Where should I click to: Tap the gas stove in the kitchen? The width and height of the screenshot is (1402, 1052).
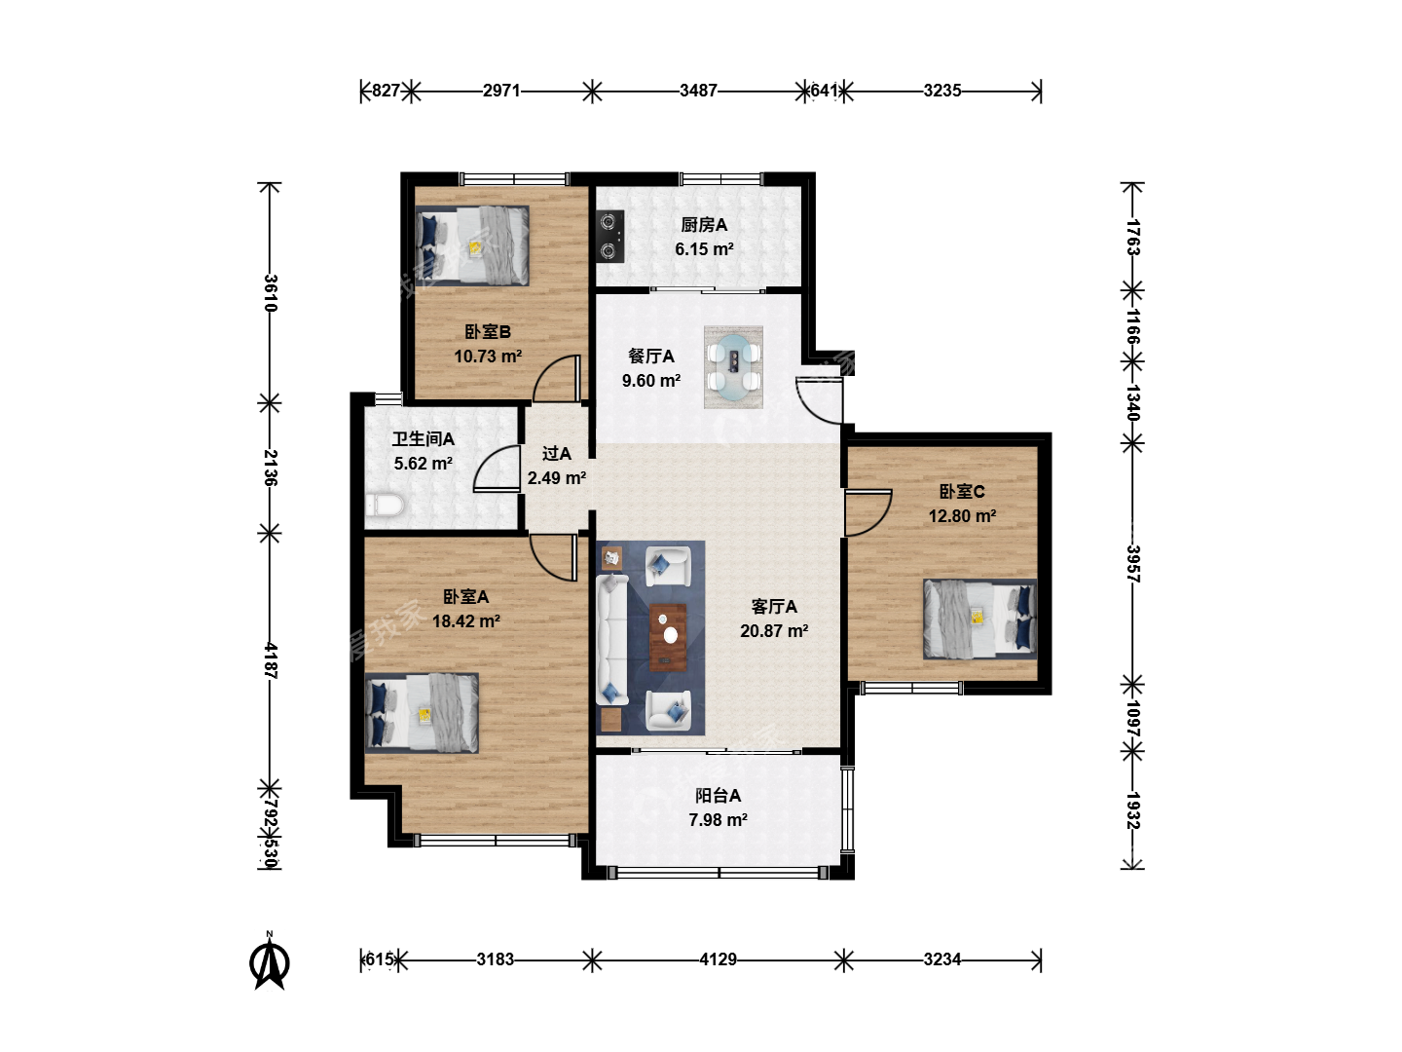coord(610,237)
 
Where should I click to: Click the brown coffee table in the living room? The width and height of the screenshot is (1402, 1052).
coord(668,637)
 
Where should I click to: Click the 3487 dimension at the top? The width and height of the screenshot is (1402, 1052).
coord(698,91)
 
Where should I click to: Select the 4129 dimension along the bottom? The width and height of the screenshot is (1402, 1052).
coord(718,959)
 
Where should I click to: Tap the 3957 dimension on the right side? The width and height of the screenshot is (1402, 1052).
coord(1132,563)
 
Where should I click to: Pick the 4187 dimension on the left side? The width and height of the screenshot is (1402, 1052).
coord(271,661)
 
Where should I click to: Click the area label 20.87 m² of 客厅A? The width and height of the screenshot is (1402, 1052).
coord(774,631)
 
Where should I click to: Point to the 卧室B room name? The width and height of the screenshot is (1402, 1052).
coord(488,331)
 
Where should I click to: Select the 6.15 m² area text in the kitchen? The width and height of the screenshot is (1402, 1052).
coord(704,249)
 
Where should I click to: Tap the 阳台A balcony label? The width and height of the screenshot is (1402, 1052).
coord(718,795)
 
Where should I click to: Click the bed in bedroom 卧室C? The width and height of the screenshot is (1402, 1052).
coord(979,619)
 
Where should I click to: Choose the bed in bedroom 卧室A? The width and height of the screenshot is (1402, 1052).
coord(422,713)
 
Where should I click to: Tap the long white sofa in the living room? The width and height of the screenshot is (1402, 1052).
coord(611,639)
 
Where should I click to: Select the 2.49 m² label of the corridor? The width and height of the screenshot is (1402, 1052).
coord(556,477)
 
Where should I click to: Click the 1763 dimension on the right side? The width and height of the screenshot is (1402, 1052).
coord(1132,237)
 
